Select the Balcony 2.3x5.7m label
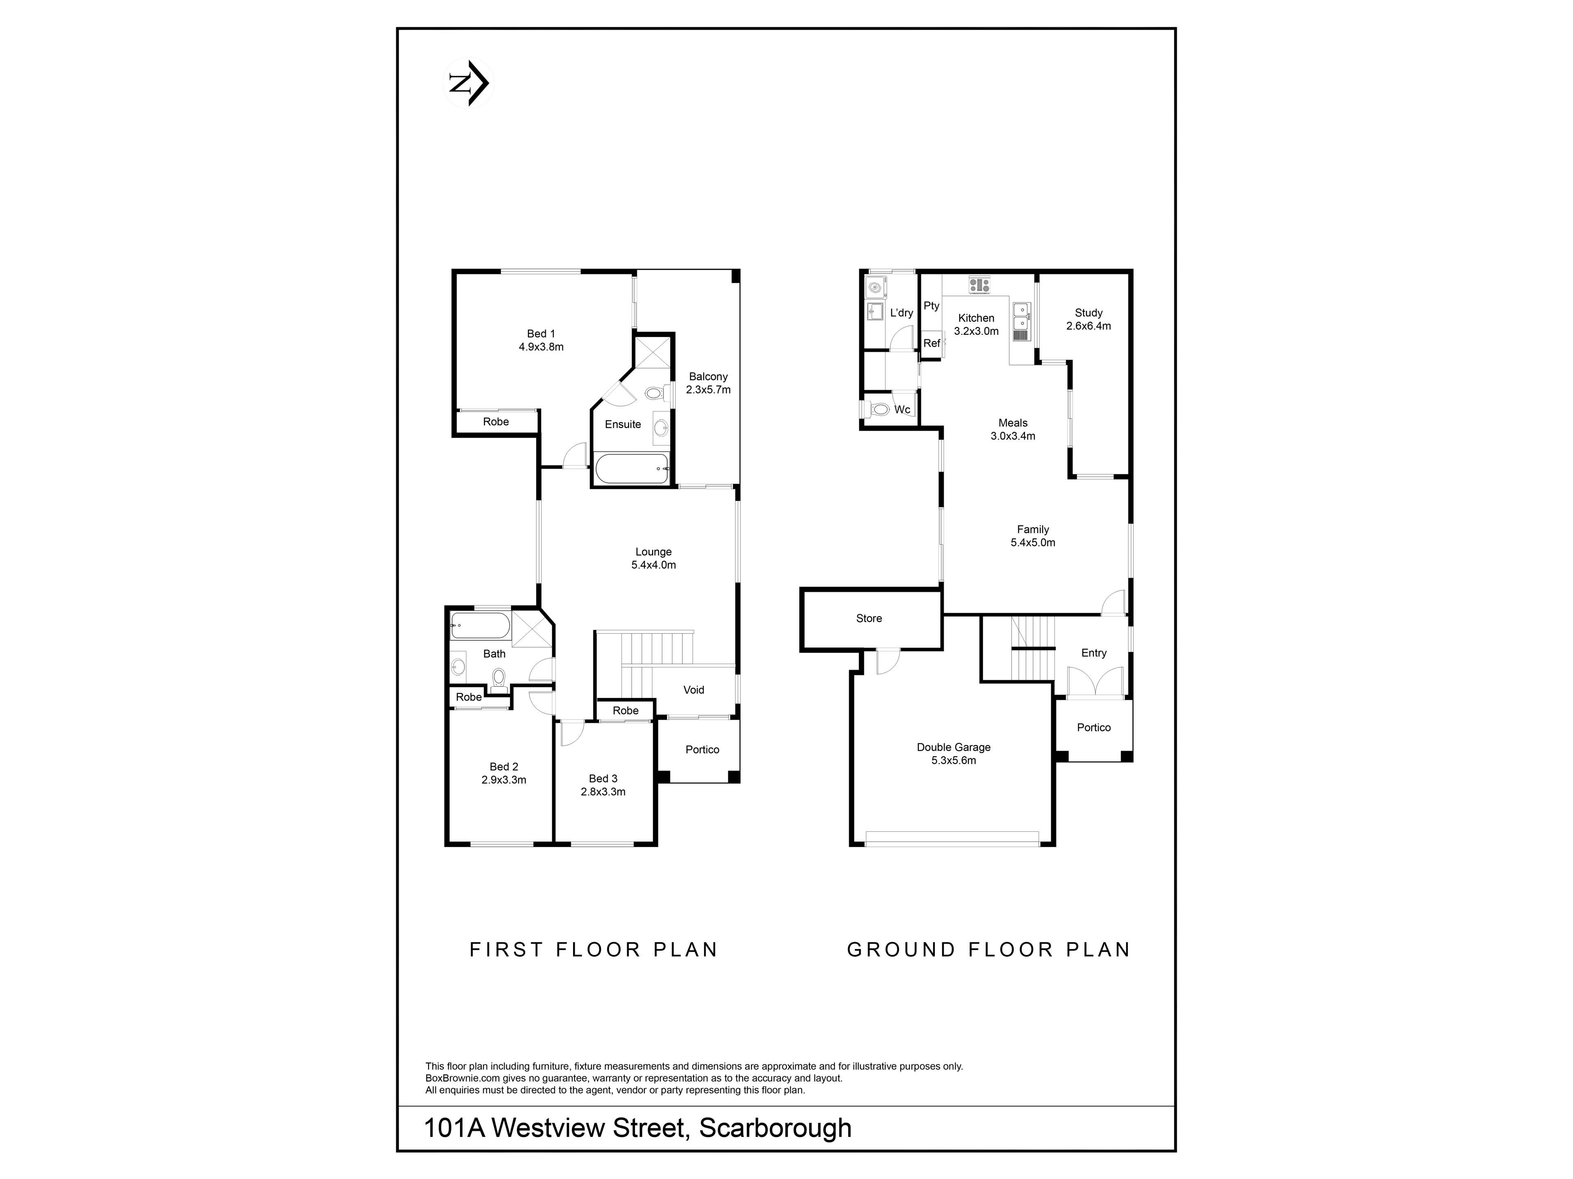click(708, 383)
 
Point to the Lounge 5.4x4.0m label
click(653, 558)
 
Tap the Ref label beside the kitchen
click(932, 343)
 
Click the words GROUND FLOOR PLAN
click(988, 949)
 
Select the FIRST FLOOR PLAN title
click(594, 949)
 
